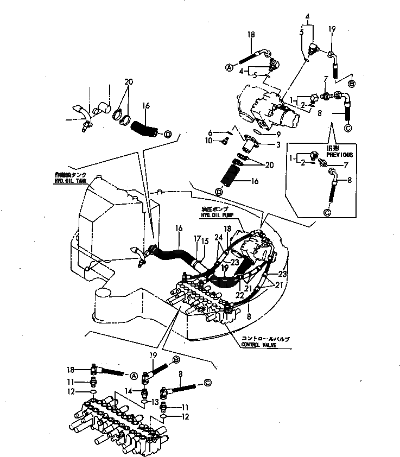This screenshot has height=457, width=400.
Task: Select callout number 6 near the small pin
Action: pyautogui.click(x=209, y=132)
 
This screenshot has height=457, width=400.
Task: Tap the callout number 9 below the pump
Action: pyautogui.click(x=278, y=134)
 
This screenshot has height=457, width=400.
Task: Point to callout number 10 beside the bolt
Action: pyautogui.click(x=209, y=141)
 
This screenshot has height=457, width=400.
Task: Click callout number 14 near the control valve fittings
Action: pyautogui.click(x=129, y=390)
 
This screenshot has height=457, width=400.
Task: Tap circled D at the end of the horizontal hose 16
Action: pyautogui.click(x=168, y=134)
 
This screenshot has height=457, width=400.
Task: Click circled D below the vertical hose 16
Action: pyautogui.click(x=219, y=192)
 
